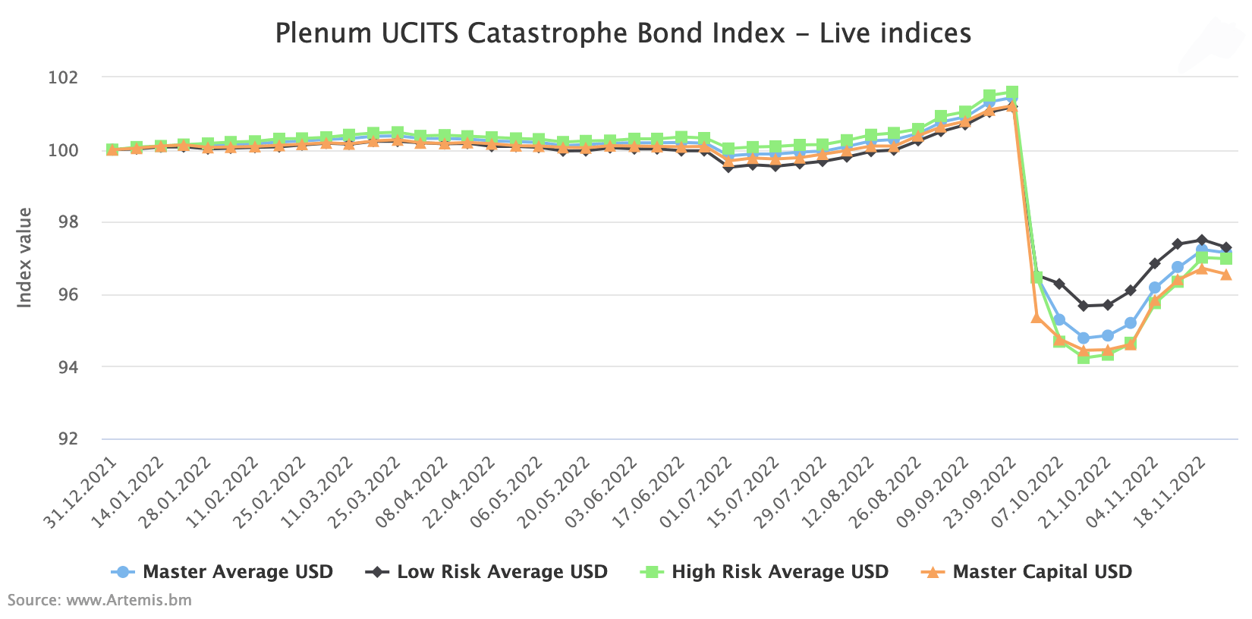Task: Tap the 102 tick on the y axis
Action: (x=63, y=78)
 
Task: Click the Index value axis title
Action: (x=25, y=258)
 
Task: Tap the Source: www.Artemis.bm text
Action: (x=99, y=601)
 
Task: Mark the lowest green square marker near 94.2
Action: (x=1084, y=357)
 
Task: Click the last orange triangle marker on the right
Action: (x=1226, y=275)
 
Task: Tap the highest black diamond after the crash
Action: (x=1202, y=240)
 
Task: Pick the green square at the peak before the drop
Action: (x=1011, y=93)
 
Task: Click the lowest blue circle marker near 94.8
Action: (x=1084, y=338)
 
